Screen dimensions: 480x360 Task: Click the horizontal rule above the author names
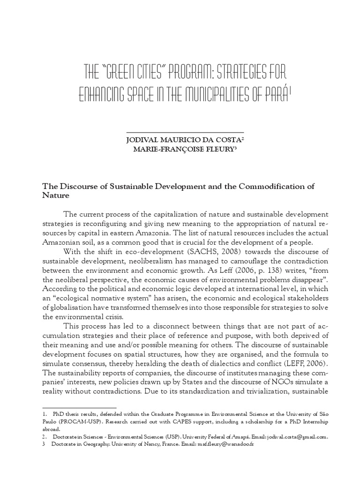click(x=185, y=132)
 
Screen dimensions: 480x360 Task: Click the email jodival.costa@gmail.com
click(x=295, y=436)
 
